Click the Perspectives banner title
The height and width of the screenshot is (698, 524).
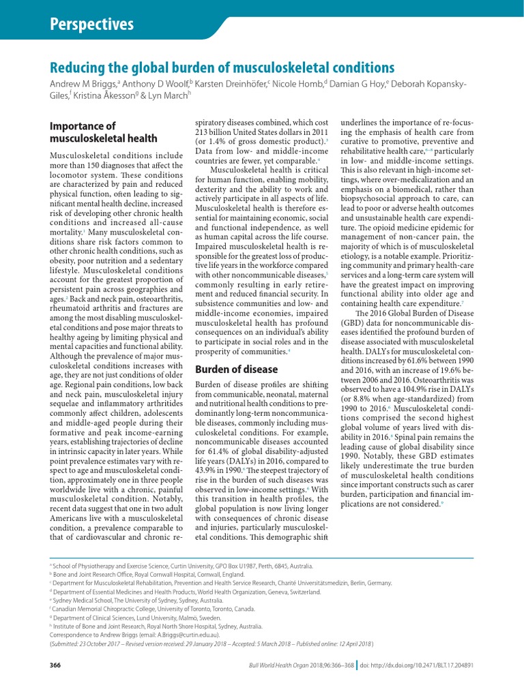coord(93,25)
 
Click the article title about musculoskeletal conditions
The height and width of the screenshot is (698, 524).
coord(222,67)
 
